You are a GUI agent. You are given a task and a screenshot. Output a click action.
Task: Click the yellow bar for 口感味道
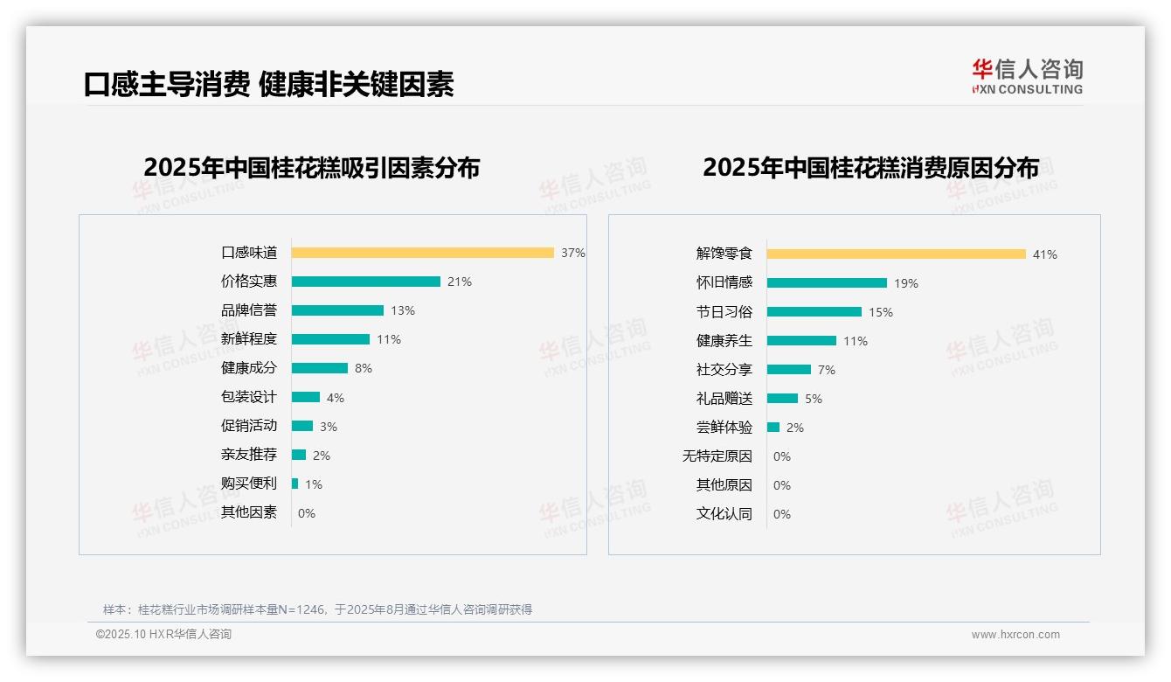[x=422, y=253]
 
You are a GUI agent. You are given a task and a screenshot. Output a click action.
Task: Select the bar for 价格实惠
[x=365, y=282]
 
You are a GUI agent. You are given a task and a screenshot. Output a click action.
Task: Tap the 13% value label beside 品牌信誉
[x=403, y=310]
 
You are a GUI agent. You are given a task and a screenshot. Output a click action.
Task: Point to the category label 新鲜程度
[x=249, y=339]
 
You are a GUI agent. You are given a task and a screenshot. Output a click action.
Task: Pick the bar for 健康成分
[x=319, y=368]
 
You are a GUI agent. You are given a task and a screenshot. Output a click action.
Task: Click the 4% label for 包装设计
[x=336, y=398]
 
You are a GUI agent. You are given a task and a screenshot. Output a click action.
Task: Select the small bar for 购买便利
[x=294, y=484]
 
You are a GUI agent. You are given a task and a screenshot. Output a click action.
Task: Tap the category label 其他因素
[x=249, y=512]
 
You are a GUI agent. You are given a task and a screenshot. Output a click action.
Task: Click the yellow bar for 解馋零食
[x=896, y=254]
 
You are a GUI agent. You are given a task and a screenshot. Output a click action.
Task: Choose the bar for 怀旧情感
[x=827, y=283]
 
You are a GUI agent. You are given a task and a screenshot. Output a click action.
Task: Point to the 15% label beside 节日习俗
[x=881, y=312]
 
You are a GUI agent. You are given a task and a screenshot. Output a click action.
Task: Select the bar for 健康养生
[x=801, y=341]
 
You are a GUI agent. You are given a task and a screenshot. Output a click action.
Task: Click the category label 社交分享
[x=724, y=370]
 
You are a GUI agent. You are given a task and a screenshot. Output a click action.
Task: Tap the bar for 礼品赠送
[x=782, y=399]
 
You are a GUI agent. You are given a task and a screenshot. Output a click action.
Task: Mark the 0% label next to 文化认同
[x=782, y=514]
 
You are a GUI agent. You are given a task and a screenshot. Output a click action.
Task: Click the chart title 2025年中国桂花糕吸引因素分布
[x=312, y=168]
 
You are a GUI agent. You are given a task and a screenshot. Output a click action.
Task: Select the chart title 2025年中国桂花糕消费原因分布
[x=870, y=168]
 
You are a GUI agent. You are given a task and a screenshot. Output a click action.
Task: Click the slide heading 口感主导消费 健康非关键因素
[x=268, y=84]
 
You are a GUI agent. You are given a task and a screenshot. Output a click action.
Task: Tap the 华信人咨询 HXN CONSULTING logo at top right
[x=1027, y=77]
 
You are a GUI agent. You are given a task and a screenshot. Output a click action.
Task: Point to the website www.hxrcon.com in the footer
[x=1015, y=635]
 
